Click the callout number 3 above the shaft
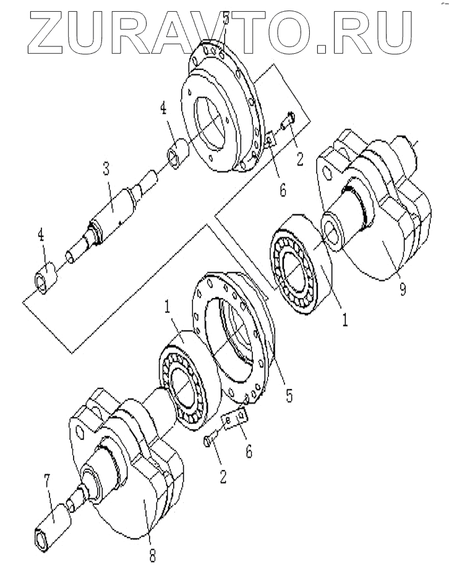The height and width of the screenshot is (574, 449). click(x=106, y=169)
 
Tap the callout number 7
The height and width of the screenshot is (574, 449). click(x=47, y=482)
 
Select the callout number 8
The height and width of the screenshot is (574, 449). click(x=152, y=556)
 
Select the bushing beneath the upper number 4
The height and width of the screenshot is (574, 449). click(x=178, y=153)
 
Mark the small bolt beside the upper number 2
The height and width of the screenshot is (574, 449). click(x=288, y=121)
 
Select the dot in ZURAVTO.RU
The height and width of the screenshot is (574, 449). click(x=321, y=49)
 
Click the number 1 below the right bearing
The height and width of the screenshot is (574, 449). click(x=344, y=319)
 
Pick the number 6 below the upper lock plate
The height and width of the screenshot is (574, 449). click(x=283, y=191)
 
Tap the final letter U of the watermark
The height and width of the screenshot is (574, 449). click(x=393, y=32)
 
